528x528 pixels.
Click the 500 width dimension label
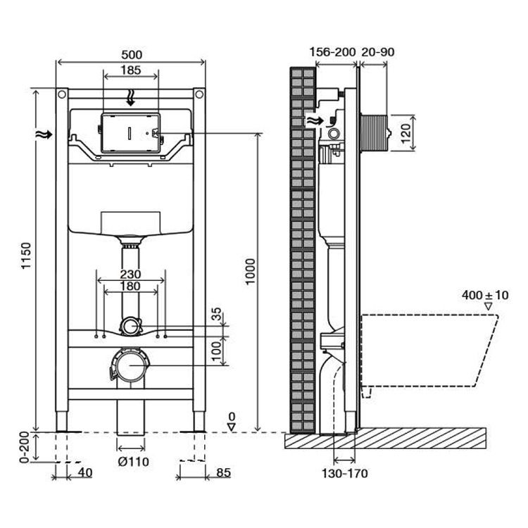click(131, 54)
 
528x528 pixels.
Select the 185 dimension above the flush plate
click(131, 70)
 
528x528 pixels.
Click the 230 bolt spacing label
click(131, 274)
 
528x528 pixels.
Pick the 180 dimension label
click(131, 287)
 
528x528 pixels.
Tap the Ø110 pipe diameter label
click(131, 462)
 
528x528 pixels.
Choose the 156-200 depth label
click(332, 53)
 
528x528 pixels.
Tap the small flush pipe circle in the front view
click(131, 326)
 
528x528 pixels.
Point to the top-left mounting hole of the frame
click(63, 94)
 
